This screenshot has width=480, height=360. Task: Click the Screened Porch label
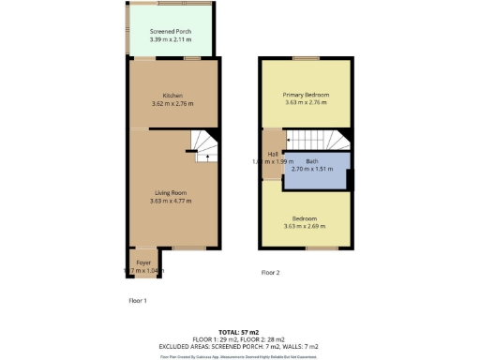[x=171, y=31]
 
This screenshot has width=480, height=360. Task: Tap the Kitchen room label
[x=172, y=95]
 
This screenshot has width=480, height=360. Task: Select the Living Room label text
[x=172, y=192]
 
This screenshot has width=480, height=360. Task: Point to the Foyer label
[x=143, y=262]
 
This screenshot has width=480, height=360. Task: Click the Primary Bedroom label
[x=307, y=95]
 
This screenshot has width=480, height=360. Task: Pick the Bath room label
[x=312, y=161]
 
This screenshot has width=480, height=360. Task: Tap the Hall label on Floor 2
[x=273, y=154]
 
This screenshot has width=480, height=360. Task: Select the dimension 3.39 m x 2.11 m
[x=171, y=40]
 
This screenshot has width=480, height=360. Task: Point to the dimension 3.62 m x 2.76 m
[x=172, y=103]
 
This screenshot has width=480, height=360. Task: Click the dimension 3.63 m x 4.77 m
[x=172, y=201]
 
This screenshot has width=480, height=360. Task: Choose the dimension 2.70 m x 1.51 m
[x=312, y=170]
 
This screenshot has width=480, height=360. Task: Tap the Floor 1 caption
[x=138, y=300]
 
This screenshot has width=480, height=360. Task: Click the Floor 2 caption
[x=270, y=273]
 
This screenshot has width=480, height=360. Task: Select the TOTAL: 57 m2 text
[x=239, y=332]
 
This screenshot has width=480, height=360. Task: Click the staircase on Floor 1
[x=204, y=143]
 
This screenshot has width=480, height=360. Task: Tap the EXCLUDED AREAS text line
[x=239, y=347]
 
